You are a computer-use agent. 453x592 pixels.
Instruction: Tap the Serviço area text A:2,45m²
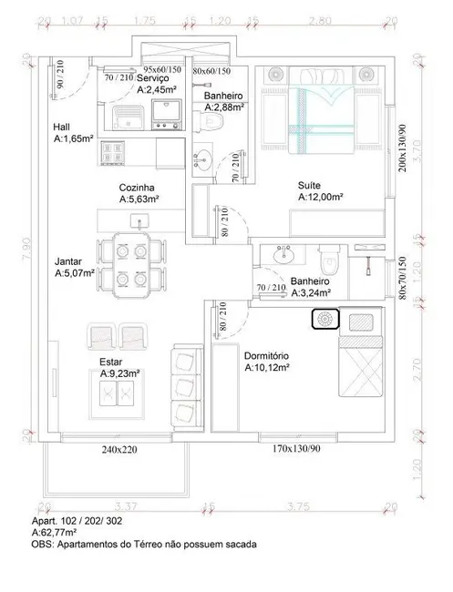coord(161,90)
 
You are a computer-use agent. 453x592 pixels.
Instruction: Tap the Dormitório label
coord(266,355)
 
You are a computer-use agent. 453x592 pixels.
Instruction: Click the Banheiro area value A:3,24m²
coord(310,294)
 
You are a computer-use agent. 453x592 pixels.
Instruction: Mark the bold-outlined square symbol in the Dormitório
coord(324,320)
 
